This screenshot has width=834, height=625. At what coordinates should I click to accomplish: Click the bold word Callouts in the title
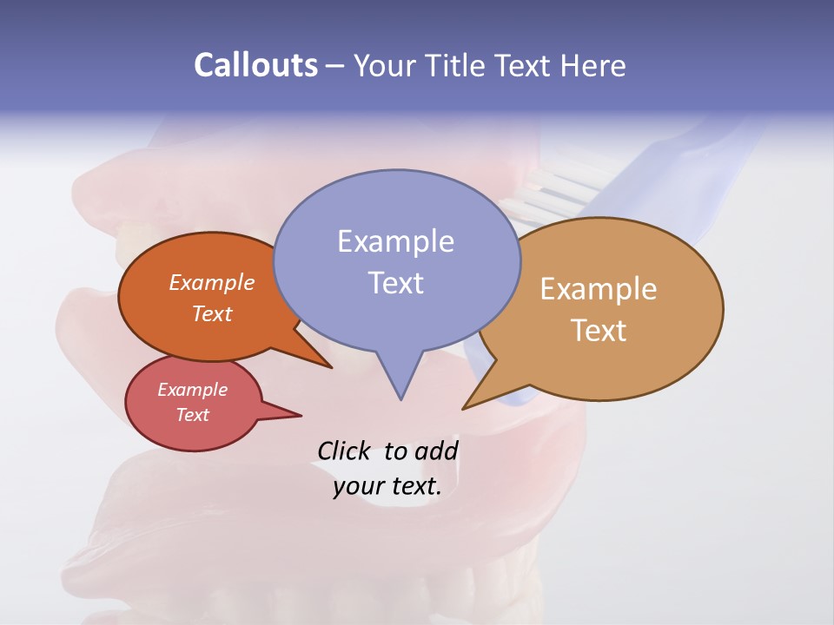[x=256, y=65]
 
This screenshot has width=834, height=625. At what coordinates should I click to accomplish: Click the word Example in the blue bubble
[x=395, y=241]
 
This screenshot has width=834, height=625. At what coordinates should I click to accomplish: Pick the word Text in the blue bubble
[x=395, y=283]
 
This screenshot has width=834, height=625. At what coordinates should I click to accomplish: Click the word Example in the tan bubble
[x=599, y=289]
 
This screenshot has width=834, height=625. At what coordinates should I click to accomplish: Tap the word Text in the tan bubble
[x=599, y=331]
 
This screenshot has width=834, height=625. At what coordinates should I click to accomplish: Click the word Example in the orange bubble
[x=212, y=283]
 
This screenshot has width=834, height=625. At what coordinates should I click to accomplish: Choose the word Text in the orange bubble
[x=212, y=313]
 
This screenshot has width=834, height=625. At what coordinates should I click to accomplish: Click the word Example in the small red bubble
[x=192, y=390]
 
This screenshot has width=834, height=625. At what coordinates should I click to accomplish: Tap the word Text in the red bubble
[x=192, y=415]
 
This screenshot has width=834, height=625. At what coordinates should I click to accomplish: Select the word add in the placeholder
[x=436, y=451]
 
